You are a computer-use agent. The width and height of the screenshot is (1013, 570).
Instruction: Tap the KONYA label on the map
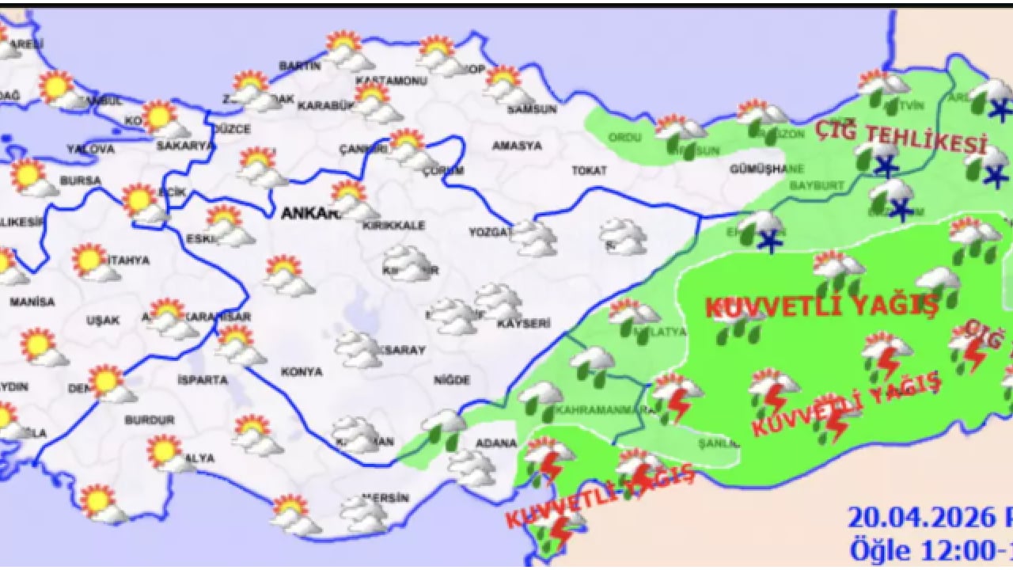coord(302,371)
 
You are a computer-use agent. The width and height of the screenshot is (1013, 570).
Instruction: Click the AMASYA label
coord(517,146)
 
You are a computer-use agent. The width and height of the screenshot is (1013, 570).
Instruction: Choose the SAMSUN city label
coord(531,109)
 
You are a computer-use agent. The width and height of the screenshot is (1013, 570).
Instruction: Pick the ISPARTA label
coord(203,380)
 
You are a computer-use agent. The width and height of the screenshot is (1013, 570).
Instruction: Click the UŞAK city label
coord(103,321)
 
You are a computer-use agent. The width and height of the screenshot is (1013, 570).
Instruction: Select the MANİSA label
coord(32,302)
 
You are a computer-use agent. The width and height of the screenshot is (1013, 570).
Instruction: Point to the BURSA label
coord(81,180)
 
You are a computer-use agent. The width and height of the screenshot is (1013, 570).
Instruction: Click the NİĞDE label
coord(452,380)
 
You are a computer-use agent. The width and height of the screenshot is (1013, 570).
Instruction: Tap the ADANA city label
coord(497,443)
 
